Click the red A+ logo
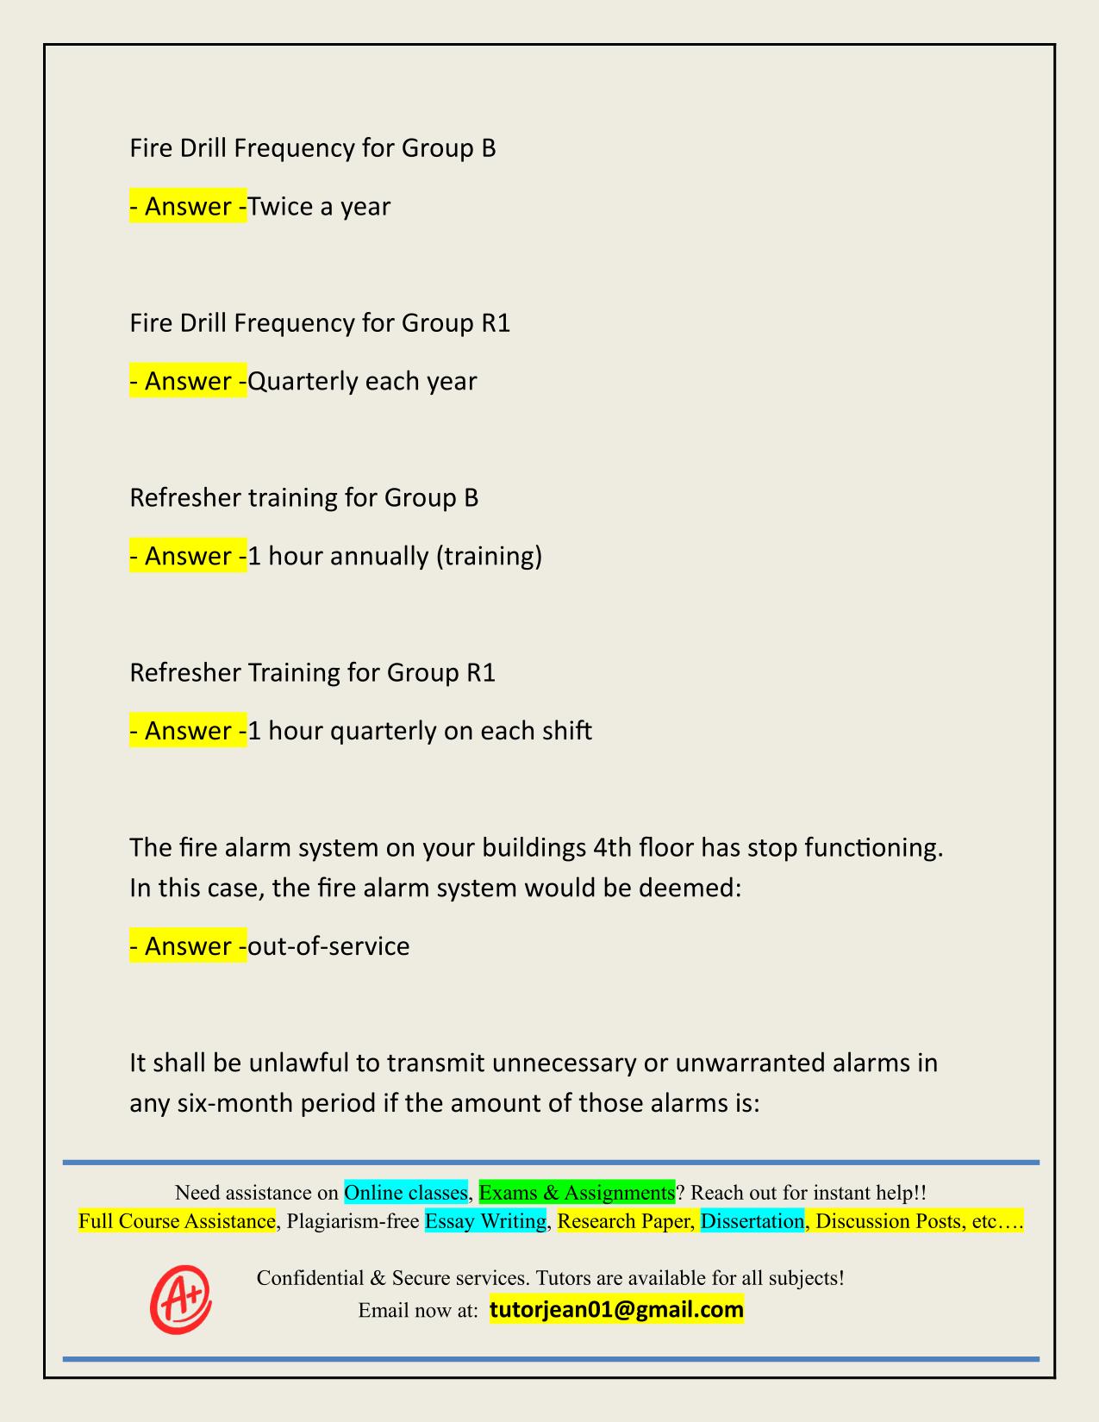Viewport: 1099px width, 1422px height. [x=181, y=1298]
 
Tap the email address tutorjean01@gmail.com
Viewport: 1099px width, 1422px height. [x=616, y=1310]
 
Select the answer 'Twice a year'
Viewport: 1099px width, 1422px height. [x=319, y=207]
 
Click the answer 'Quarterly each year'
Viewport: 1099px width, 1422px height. [x=362, y=381]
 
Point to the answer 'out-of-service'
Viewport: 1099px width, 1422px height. [x=328, y=946]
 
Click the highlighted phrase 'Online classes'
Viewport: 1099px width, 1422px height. [x=405, y=1193]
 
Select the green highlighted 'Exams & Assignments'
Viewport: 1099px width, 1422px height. [x=577, y=1193]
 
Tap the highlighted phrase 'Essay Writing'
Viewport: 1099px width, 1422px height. [x=486, y=1221]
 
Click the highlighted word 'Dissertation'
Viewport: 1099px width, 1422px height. [x=752, y=1221]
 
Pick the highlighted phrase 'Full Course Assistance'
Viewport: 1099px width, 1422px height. [x=177, y=1221]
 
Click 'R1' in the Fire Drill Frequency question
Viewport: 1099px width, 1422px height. [x=495, y=323]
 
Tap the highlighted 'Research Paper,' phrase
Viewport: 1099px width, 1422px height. [x=626, y=1221]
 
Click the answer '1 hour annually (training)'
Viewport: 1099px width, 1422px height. [x=395, y=556]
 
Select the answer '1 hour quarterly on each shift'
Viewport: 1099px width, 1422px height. [x=420, y=731]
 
